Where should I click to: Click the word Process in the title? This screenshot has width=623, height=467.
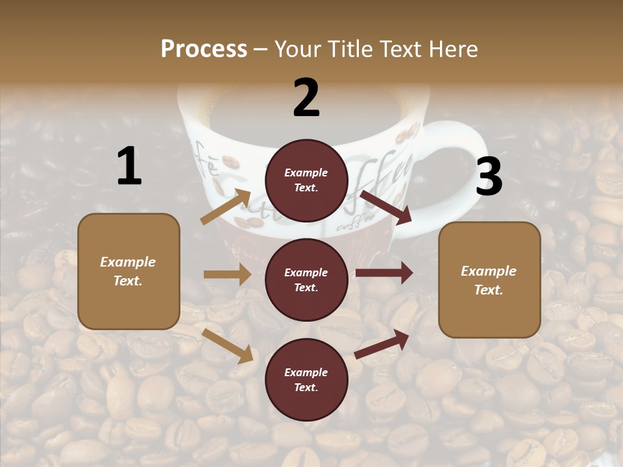point(204,49)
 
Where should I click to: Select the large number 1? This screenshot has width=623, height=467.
point(129,167)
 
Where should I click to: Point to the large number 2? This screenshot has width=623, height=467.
point(306,98)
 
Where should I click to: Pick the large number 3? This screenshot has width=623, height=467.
point(489,177)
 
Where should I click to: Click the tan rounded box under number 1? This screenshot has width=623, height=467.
point(128,271)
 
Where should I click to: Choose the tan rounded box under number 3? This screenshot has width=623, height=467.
point(489,280)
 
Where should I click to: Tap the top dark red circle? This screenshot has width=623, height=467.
point(306,180)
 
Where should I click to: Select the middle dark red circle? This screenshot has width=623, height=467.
point(306,280)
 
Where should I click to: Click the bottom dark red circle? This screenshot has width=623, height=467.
point(306,379)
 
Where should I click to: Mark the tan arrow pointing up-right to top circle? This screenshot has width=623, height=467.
point(226,207)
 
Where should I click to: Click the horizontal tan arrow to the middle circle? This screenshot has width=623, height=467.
point(227,274)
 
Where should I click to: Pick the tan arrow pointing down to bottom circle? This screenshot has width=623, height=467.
point(228,346)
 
